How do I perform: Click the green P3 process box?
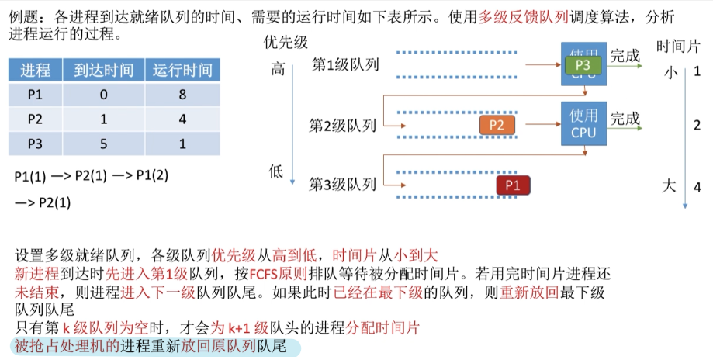[x=583, y=65]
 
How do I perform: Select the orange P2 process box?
[x=497, y=125]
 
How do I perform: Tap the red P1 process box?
[x=513, y=185]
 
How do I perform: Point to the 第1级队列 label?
[x=345, y=64]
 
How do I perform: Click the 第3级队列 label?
[x=342, y=185]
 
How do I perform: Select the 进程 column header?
[x=36, y=71]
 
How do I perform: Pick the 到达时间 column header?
[x=104, y=71]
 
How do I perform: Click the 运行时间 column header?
[x=182, y=71]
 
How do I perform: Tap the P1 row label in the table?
[x=35, y=95]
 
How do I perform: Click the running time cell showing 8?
[x=182, y=95]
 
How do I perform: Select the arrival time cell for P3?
[x=104, y=144]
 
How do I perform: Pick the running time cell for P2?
[x=182, y=119]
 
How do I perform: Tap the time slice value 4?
[x=697, y=187]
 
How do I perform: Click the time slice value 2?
[x=697, y=125]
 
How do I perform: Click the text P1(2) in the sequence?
[x=151, y=175]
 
